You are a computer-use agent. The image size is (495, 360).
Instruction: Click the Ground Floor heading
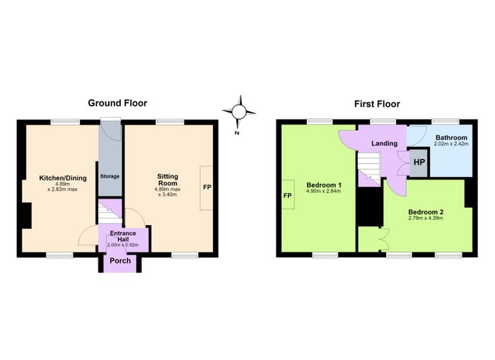pos(117,103)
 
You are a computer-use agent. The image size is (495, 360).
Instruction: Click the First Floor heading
pos(377,104)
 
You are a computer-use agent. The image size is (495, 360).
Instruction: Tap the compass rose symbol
pos(239,112)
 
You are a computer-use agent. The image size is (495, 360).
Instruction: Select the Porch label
pos(120,261)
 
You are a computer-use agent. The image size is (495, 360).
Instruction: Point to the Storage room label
pos(110,176)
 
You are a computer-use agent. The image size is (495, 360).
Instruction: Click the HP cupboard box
pos(419,163)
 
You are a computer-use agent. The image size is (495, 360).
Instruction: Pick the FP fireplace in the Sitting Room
pos(206,187)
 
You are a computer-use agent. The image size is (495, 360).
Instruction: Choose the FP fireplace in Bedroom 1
pos(288,194)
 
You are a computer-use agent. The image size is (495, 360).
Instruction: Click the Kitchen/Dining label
pos(63,178)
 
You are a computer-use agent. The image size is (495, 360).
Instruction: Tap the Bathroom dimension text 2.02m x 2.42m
pos(451,144)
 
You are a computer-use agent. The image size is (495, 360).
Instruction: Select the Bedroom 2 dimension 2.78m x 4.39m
pos(426,218)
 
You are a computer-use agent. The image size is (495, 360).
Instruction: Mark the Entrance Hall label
pos(123,236)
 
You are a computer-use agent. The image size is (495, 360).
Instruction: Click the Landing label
pos(384,144)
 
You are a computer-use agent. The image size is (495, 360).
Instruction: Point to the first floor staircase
pos(368,168)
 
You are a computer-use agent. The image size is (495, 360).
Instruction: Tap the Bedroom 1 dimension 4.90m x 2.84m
pos(324,191)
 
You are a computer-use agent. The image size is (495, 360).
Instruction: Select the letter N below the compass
pos(237,133)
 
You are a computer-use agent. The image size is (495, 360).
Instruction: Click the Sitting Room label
pos(168,180)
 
